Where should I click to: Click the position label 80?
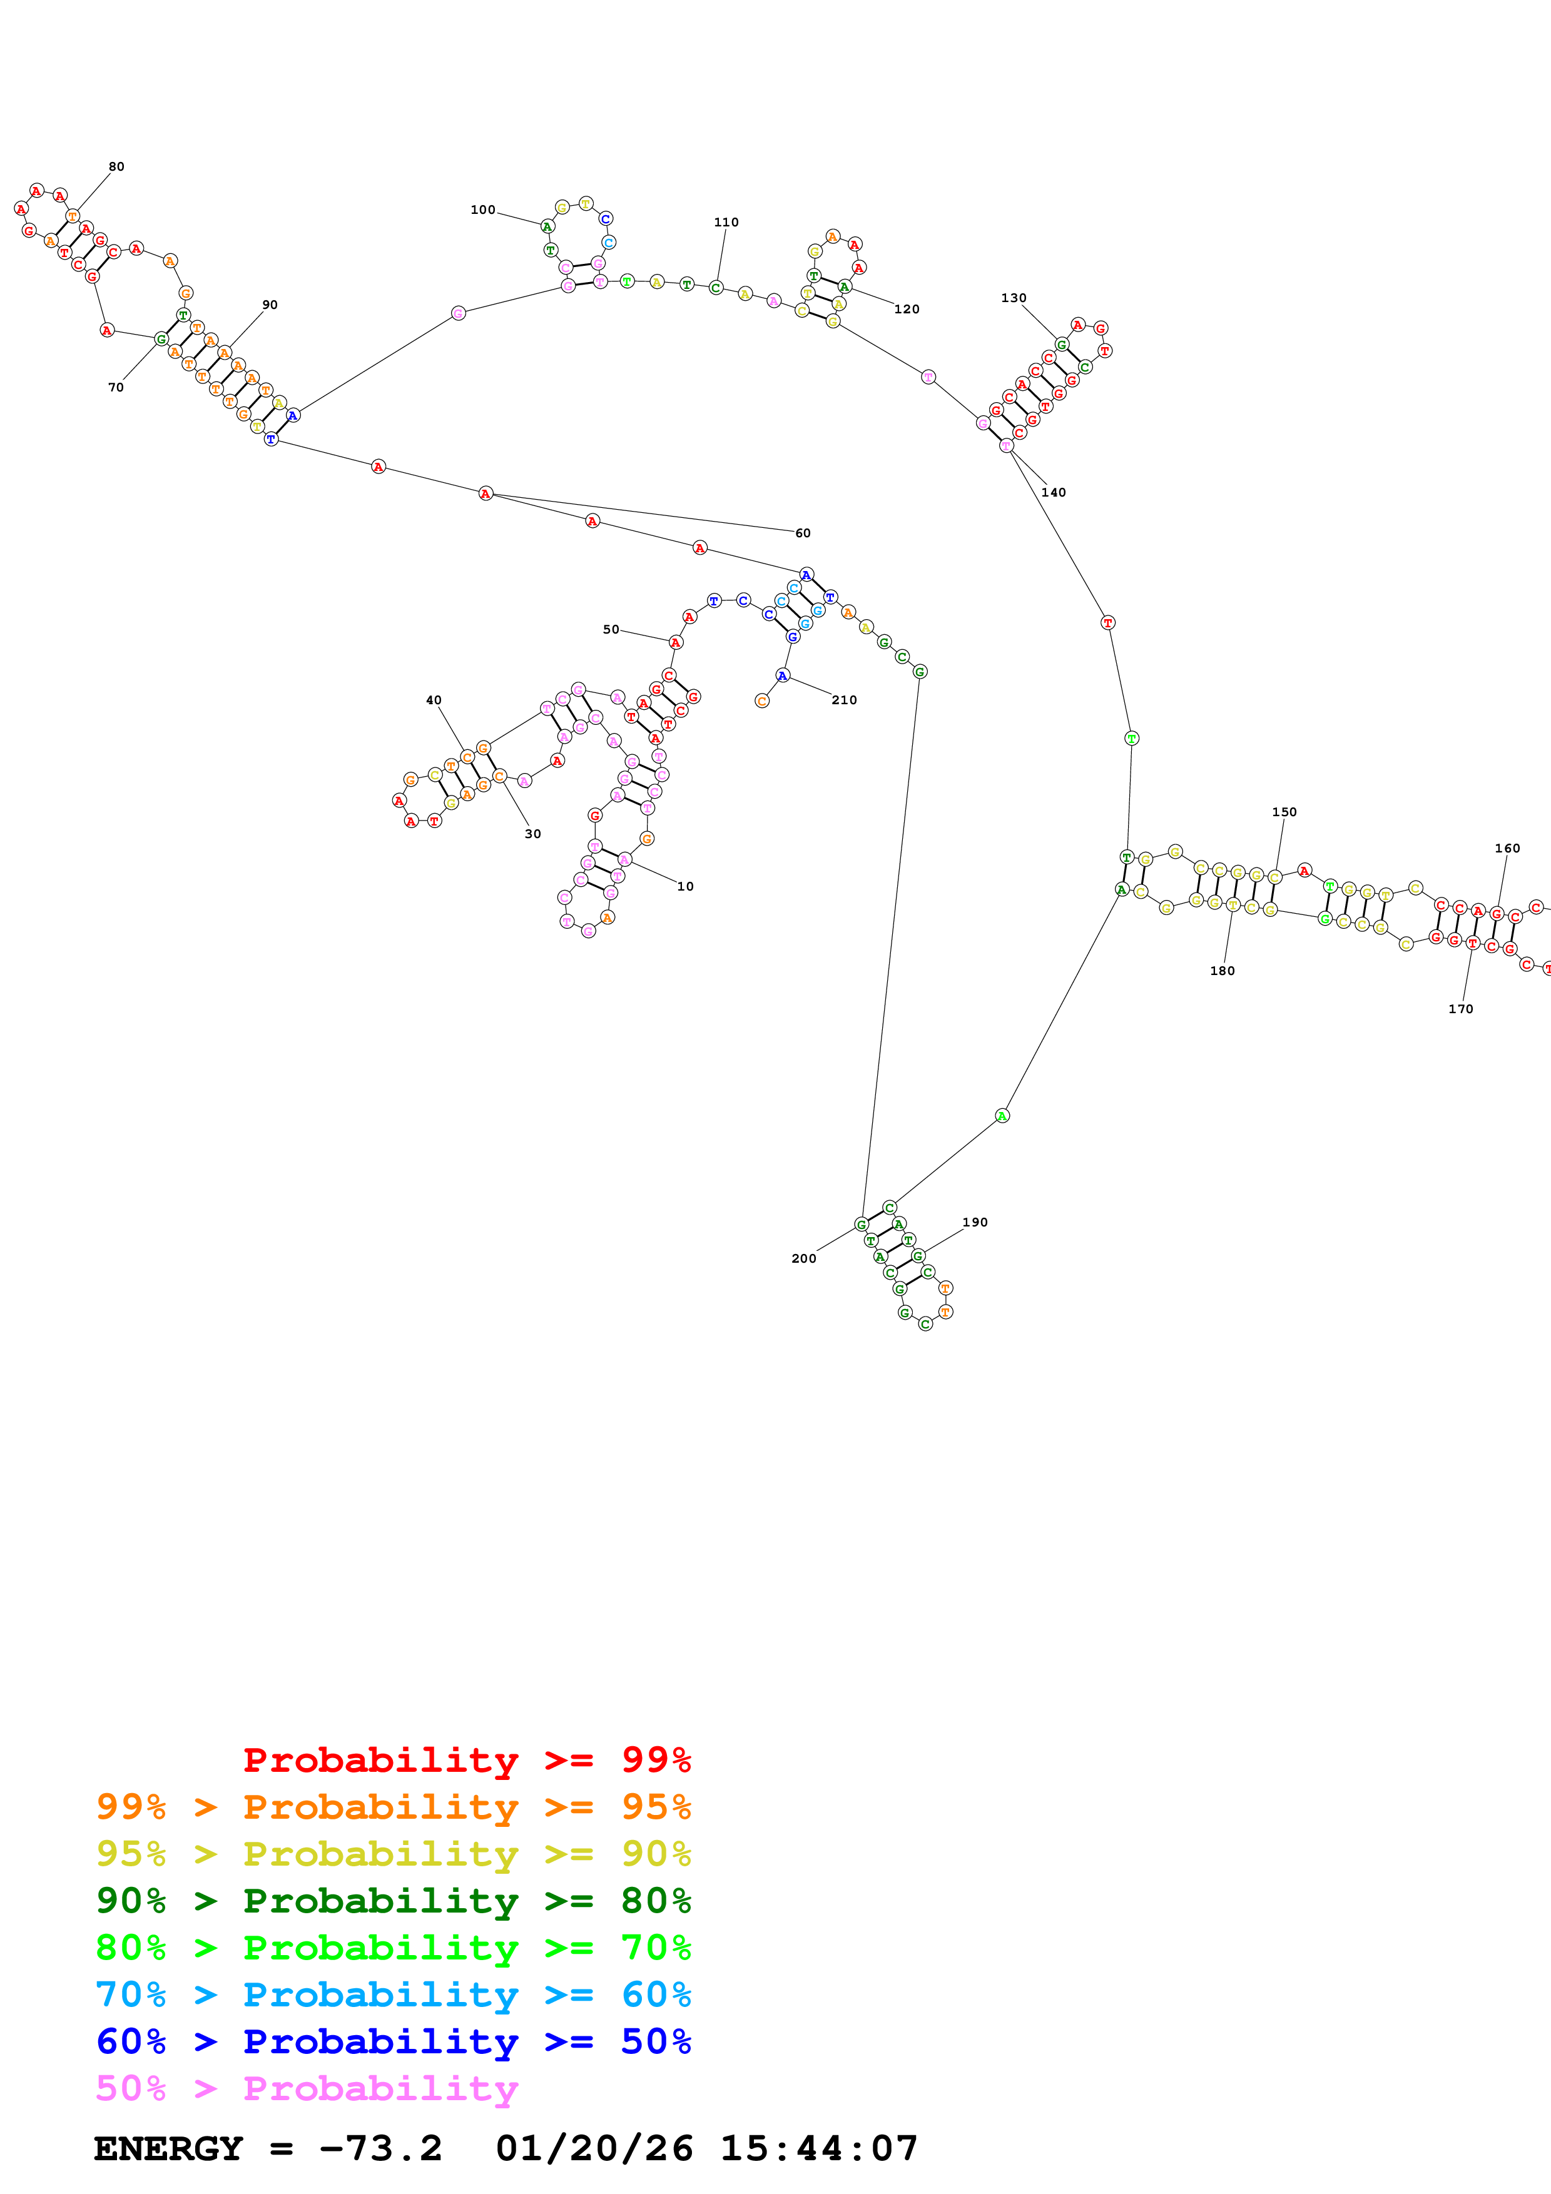tap(116, 166)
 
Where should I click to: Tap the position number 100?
tap(482, 210)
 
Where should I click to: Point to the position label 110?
tap(726, 221)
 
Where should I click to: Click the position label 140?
tap(1053, 492)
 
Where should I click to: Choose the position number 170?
tap(1460, 1008)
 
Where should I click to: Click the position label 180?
tap(1223, 970)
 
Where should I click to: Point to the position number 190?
tap(975, 1221)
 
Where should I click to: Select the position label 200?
tap(804, 1258)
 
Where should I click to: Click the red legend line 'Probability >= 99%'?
tap(466, 1759)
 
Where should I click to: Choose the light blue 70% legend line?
tap(393, 1994)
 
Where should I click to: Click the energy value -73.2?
tap(380, 2148)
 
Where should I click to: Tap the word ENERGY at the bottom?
tap(168, 2148)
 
